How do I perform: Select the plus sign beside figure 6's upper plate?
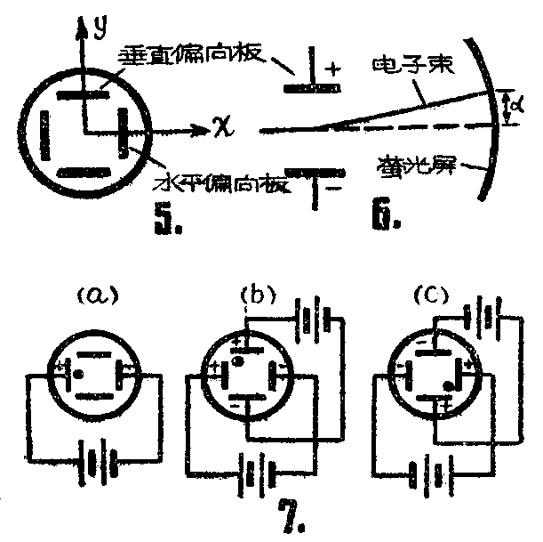pos(334,69)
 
